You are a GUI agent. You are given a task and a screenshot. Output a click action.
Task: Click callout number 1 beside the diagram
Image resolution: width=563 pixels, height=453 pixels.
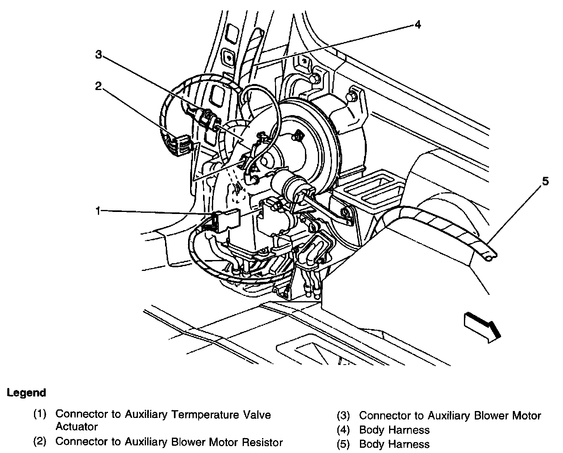point(97,210)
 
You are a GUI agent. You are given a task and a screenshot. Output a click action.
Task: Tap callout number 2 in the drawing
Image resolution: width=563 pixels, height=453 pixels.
point(98,86)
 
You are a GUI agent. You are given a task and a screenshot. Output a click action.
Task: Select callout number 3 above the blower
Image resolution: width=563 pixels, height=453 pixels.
point(98,55)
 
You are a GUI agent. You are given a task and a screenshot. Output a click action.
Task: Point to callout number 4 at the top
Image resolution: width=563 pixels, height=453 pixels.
point(417,25)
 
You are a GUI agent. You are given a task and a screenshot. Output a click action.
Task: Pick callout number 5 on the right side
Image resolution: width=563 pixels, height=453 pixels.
point(546,182)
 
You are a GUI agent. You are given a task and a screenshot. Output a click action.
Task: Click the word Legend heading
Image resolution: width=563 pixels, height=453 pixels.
point(26,392)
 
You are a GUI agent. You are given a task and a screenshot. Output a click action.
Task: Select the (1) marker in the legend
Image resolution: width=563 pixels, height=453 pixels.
point(40,414)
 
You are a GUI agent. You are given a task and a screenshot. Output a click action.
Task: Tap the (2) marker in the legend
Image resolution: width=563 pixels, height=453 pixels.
point(40,442)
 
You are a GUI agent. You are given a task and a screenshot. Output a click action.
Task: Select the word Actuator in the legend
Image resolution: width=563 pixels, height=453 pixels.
point(76,426)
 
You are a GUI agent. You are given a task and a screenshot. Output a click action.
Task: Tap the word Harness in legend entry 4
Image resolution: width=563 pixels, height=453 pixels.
point(409,430)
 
